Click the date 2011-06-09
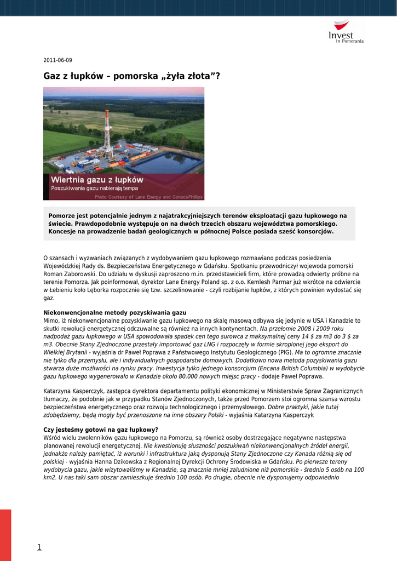click(57, 60)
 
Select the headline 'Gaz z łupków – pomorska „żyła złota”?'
click(131, 76)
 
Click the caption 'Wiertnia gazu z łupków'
click(97, 180)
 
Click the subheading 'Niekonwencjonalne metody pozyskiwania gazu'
click(114, 312)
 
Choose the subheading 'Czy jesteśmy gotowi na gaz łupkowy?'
click(101, 430)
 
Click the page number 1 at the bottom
click(39, 547)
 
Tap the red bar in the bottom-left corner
click(5, 535)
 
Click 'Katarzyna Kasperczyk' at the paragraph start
click(73, 391)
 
